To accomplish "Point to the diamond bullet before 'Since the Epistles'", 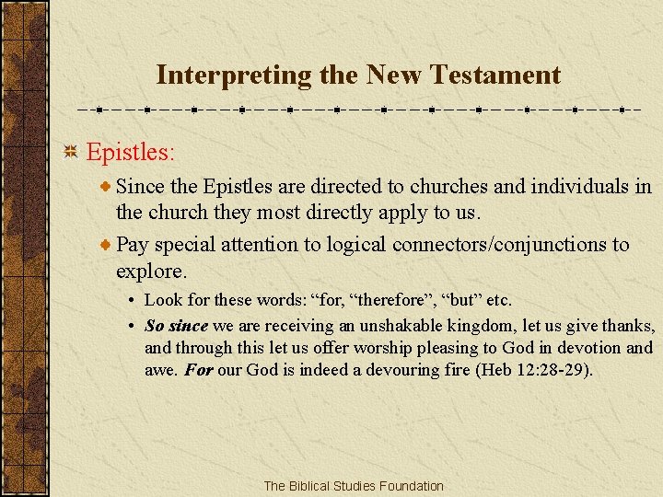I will [x=107, y=187].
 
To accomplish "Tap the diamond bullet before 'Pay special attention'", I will [x=107, y=246].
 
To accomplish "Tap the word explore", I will [x=150, y=272].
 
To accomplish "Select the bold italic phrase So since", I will [x=177, y=326].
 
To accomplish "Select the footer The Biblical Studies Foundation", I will [x=353, y=486].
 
